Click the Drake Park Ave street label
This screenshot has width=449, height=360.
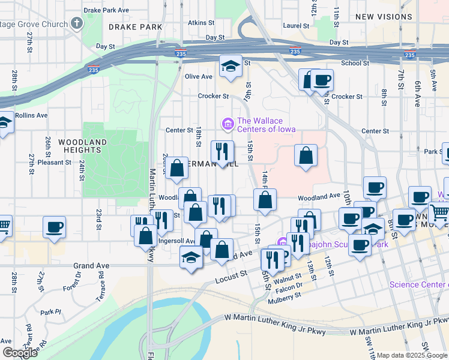[107, 11]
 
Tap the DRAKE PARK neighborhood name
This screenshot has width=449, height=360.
[136, 28]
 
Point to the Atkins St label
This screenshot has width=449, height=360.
[201, 23]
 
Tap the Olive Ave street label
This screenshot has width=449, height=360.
[199, 77]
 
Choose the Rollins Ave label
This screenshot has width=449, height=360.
[31, 115]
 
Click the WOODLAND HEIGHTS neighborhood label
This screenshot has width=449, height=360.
[83, 146]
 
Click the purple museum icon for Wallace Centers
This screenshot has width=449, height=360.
[228, 125]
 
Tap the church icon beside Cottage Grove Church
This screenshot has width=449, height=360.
[76, 24]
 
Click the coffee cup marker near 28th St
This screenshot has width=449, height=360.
[54, 228]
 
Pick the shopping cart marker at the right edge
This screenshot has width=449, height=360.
[439, 212]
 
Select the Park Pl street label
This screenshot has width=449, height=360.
[50, 312]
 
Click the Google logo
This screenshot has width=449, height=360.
[19, 353]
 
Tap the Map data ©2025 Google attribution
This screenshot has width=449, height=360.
[412, 355]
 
